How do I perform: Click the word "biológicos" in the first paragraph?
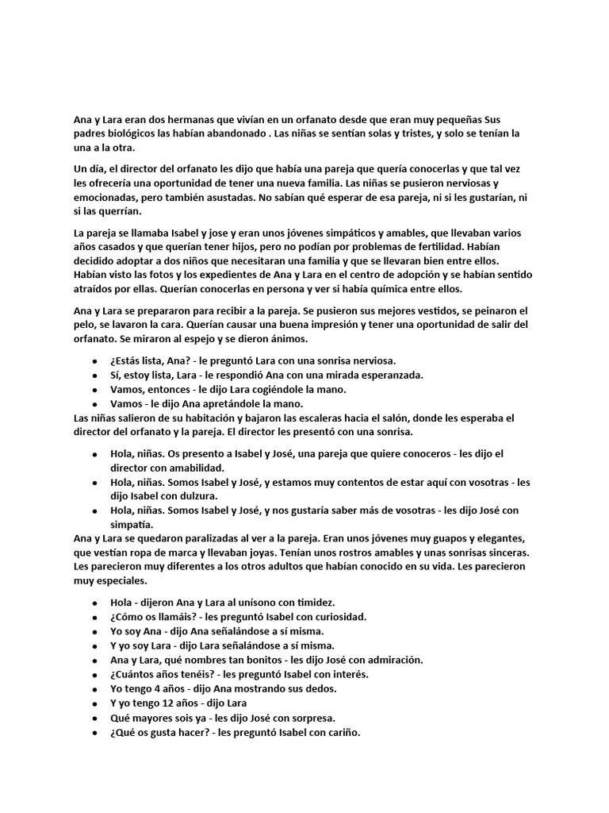(130, 134)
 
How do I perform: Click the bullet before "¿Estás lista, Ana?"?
(96, 361)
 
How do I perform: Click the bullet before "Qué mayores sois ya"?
(96, 718)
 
